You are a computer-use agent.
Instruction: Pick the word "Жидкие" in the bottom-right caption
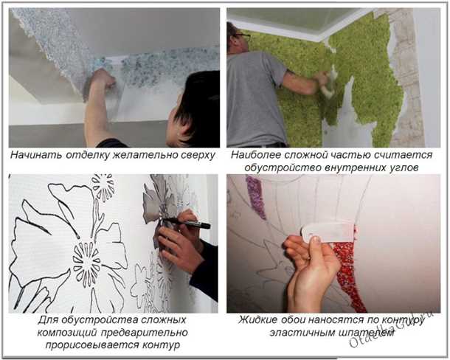(x=257, y=321)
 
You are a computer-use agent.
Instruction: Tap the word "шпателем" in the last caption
(x=365, y=333)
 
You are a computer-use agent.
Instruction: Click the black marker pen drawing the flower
(x=187, y=221)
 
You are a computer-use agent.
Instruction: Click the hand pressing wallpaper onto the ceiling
(x=102, y=78)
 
